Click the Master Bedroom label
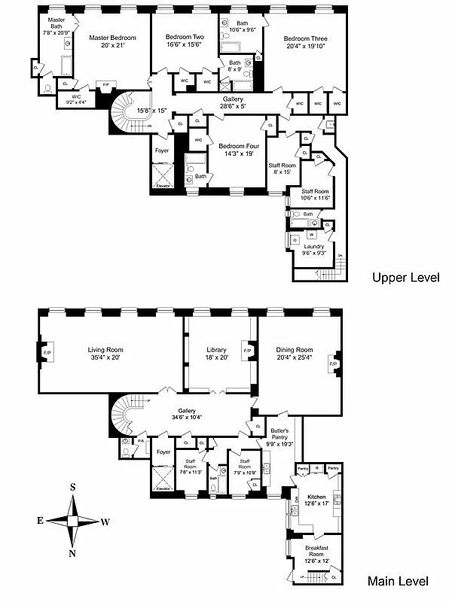pyautogui.click(x=112, y=38)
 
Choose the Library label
pyautogui.click(x=216, y=350)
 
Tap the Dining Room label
pyautogui.click(x=294, y=350)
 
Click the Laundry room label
pyautogui.click(x=314, y=246)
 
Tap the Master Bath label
pyautogui.click(x=56, y=23)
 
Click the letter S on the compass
pyautogui.click(x=73, y=487)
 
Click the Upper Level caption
pyautogui.click(x=405, y=278)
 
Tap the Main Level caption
pyautogui.click(x=397, y=581)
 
